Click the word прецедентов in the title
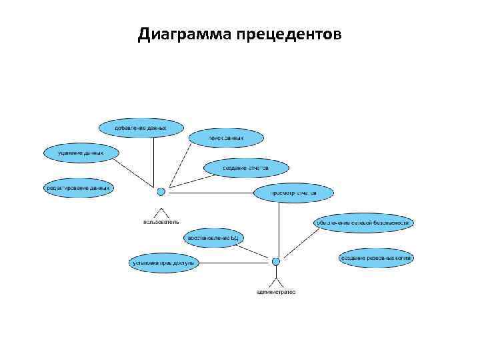pyautogui.click(x=288, y=34)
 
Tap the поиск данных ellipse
pyautogui.click(x=226, y=138)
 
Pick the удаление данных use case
pyautogui.click(x=81, y=153)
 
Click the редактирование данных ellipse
pyautogui.click(x=78, y=188)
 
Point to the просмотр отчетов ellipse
pyautogui.click(x=293, y=193)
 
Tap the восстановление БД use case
pyautogui.click(x=213, y=237)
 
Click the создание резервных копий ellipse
pyautogui.click(x=376, y=257)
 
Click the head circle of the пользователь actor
pyautogui.click(x=161, y=192)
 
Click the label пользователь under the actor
pyautogui.click(x=161, y=221)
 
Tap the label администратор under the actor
pyautogui.click(x=275, y=291)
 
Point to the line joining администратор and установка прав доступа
pyautogui.click(x=233, y=263)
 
